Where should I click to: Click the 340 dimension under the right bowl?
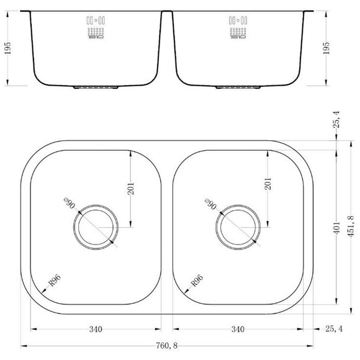pyautogui.click(x=236, y=329)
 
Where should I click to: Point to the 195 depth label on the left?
pyautogui.click(x=7, y=49)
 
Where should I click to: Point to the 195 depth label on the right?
pyautogui.click(x=326, y=49)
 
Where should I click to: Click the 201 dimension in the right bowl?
pyautogui.click(x=268, y=184)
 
